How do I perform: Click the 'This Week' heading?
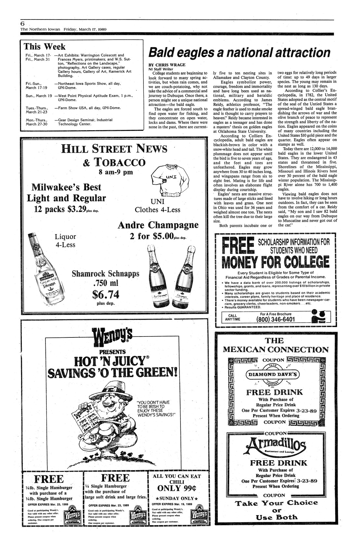coord(45,46)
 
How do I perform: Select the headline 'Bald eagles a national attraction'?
coord(239,52)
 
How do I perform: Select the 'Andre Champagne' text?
coord(158,225)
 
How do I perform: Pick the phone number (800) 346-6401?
coord(275,319)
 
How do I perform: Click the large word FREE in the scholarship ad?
coord(237,246)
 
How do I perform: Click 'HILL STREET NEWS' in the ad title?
coord(114,149)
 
